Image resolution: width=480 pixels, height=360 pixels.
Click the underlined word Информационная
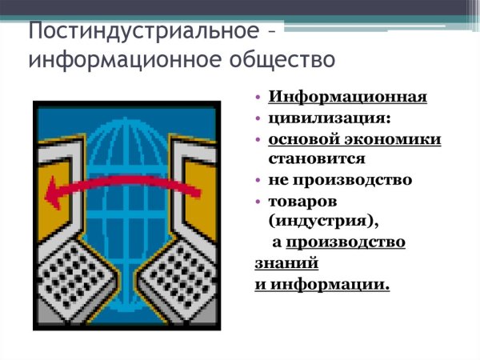[347, 98]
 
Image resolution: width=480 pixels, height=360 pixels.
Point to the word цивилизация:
[318, 118]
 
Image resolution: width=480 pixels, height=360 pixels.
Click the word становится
[317, 158]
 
